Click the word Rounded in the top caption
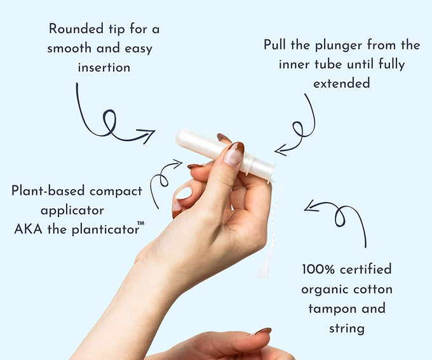point(76,29)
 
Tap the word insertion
point(104,67)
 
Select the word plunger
point(339,46)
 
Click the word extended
point(341,83)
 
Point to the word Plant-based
point(48,190)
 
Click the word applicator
point(72,211)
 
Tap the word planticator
point(105,229)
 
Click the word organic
point(325,290)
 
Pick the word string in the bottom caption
point(347,329)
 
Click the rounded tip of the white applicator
point(179,137)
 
